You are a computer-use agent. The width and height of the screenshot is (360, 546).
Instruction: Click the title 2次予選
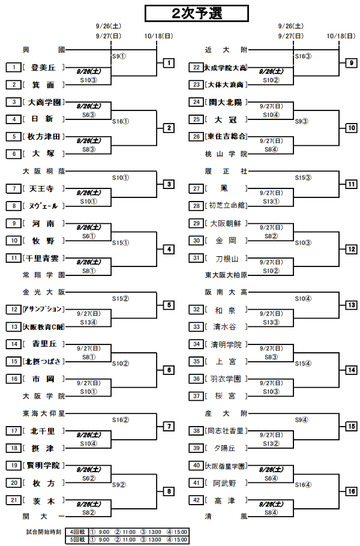pos(188,13)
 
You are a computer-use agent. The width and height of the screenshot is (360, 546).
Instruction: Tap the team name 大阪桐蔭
pos(43,171)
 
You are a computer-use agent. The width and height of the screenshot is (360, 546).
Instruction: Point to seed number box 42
pos(196,500)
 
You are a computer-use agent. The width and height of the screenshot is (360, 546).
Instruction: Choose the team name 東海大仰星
pos(43,413)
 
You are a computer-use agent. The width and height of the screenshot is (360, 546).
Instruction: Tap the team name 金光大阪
pos(43,292)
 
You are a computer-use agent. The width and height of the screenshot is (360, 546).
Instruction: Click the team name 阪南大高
pos(226,292)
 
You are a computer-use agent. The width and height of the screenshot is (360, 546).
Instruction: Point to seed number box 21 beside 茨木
pos(12,500)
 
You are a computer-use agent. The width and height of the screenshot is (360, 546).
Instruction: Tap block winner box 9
pos(351,63)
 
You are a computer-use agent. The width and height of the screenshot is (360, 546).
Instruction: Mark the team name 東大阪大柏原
pos(226,275)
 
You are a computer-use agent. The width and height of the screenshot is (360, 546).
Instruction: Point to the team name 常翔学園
pos(43,275)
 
